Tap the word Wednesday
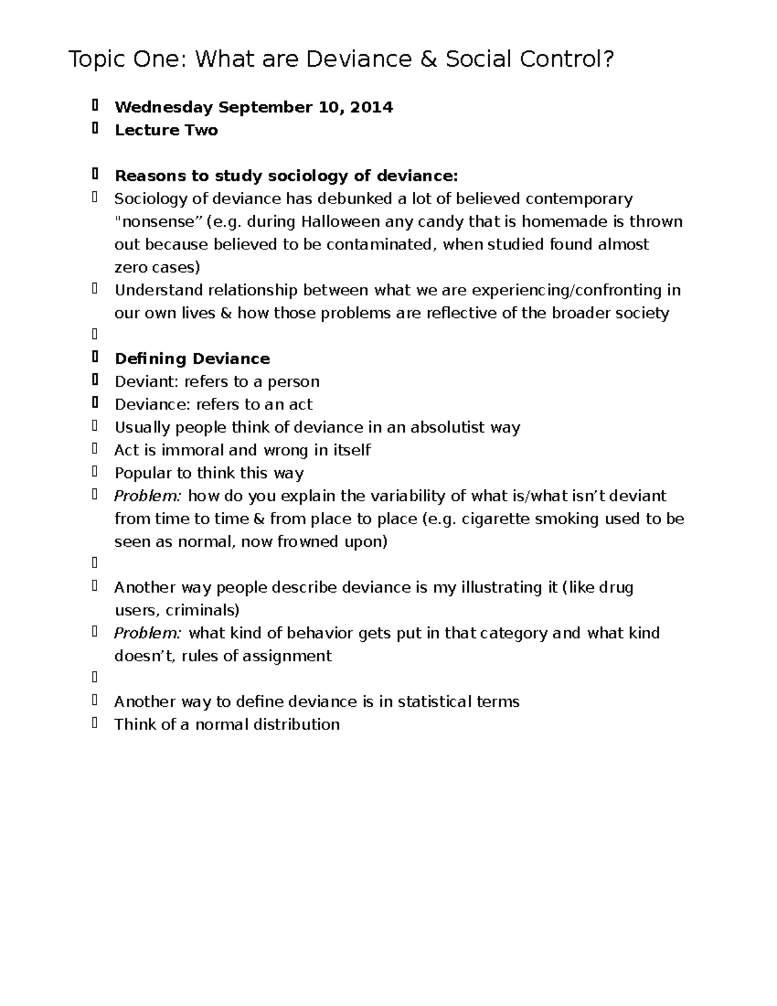point(164,107)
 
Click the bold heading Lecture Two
point(166,130)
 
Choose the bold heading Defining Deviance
point(192,359)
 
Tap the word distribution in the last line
point(296,724)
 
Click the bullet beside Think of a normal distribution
point(95,723)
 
